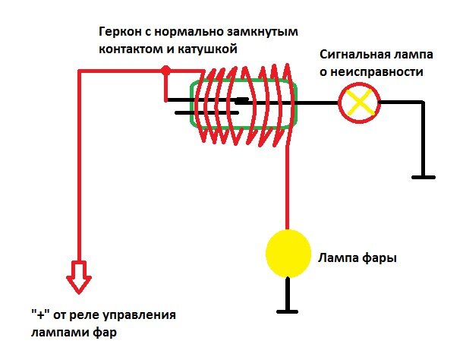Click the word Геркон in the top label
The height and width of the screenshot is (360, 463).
click(118, 33)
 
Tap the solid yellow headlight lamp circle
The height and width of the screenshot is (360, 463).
click(288, 254)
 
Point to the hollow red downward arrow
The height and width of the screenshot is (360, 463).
click(78, 277)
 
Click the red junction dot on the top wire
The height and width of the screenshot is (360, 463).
click(165, 71)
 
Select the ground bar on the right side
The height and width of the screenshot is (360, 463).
click(420, 177)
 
